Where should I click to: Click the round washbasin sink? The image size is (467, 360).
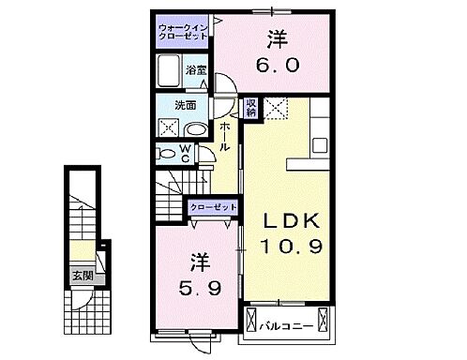tap(197, 129)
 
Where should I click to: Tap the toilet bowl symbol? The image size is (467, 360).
tap(167, 153)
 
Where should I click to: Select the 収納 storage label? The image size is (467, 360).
tap(251, 108)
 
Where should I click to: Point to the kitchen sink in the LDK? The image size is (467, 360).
tap(318, 145)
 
